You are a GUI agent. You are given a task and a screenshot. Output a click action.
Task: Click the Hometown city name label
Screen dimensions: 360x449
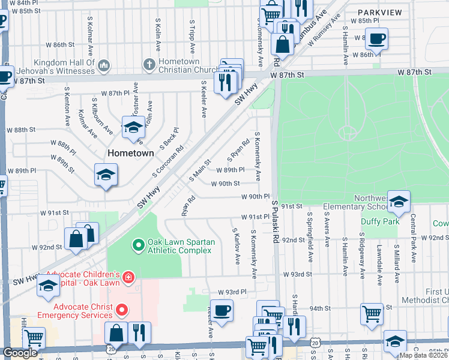point(130,153)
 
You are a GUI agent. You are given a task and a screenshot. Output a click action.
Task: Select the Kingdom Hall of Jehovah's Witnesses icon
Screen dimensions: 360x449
point(103,65)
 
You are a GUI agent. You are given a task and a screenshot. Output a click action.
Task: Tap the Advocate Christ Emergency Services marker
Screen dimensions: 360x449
point(122,310)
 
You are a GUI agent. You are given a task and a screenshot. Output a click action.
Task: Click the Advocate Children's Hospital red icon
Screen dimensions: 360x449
point(127,277)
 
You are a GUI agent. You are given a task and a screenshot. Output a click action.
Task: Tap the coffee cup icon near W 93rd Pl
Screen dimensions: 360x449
point(221,310)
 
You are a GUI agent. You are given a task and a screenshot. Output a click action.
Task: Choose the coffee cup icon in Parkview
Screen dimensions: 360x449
point(376,38)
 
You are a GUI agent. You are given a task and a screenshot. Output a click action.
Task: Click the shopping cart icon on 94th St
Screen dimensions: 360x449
point(372,313)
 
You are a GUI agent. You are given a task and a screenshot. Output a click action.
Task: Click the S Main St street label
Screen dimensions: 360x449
point(200,170)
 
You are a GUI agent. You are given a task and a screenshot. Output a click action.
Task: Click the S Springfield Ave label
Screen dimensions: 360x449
point(310,229)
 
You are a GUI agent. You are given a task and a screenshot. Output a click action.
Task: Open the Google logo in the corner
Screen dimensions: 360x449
point(20,353)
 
